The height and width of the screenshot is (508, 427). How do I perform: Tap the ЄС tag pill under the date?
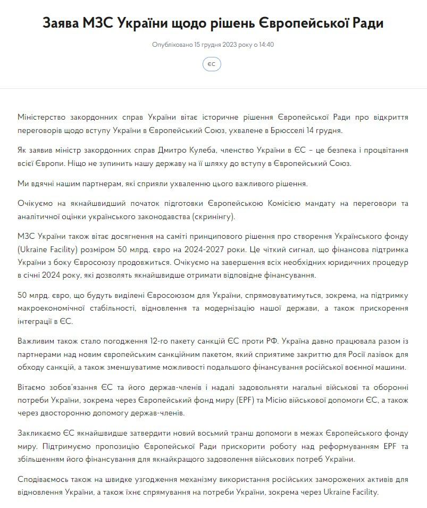coord(212,64)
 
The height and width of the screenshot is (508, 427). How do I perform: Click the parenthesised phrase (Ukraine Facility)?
coord(45,250)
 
